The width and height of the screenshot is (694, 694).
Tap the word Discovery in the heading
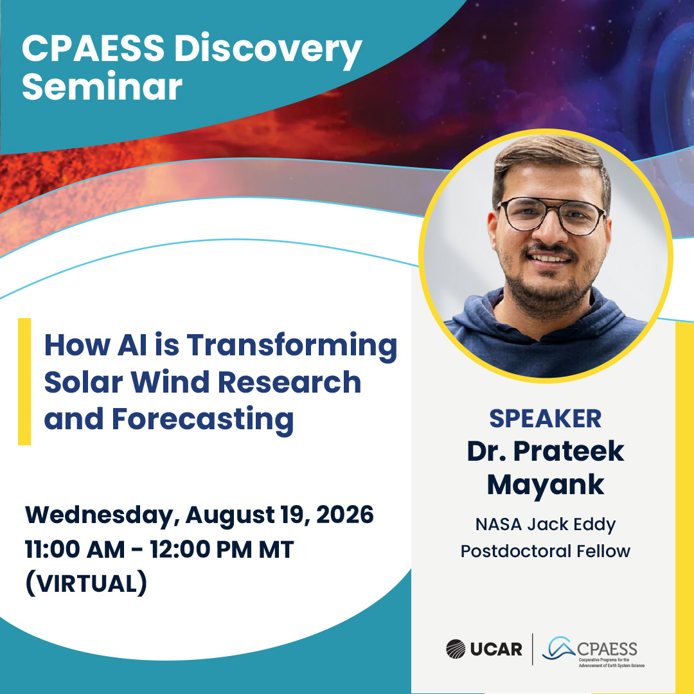(x=268, y=50)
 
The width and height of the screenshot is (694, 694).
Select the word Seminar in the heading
(x=102, y=86)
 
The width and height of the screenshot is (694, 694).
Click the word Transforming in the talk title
(x=292, y=347)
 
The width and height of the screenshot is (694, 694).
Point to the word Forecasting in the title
(x=202, y=420)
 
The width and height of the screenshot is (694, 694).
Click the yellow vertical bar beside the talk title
(x=24, y=382)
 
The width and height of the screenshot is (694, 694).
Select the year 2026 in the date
(x=345, y=514)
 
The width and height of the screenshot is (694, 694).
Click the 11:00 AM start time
(x=75, y=549)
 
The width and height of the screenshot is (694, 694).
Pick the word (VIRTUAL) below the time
(x=86, y=583)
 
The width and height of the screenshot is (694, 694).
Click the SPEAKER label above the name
(x=546, y=418)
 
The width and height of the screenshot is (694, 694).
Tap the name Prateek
(x=568, y=452)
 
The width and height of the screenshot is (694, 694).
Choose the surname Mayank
(x=546, y=486)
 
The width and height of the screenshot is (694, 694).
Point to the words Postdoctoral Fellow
(x=546, y=551)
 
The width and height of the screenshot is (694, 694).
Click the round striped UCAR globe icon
(x=456, y=649)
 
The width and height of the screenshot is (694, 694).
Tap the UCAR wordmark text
(x=495, y=649)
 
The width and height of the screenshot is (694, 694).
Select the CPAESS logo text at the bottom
(x=607, y=649)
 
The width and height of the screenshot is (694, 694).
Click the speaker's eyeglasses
(x=551, y=215)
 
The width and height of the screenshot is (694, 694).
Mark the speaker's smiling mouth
(x=549, y=258)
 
